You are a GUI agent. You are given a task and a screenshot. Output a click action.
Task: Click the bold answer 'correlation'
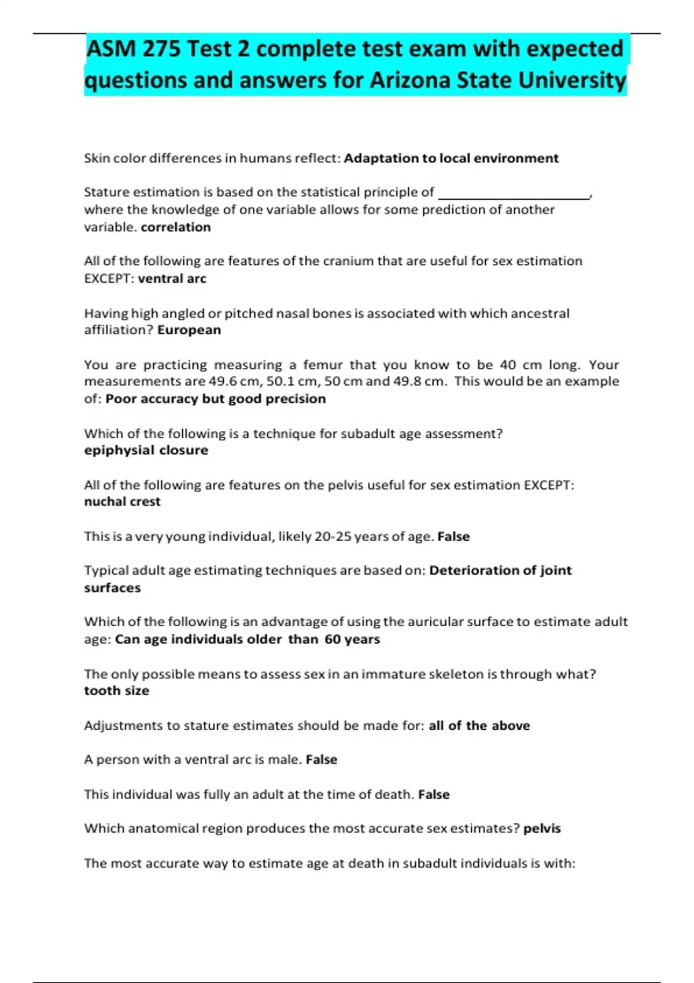pos(176,227)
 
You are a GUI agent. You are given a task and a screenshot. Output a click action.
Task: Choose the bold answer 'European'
pos(189,330)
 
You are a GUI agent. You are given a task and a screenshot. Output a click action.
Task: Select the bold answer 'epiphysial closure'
pos(146,450)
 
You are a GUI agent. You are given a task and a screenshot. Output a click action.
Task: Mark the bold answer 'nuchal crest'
pos(122,502)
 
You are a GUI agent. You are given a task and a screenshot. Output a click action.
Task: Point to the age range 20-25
pos(332,537)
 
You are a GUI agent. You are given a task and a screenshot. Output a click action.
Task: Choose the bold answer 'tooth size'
pos(116,691)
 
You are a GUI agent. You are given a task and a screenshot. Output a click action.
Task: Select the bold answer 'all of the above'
pos(479,726)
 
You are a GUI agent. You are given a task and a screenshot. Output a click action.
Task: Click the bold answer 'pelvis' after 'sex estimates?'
pos(542,829)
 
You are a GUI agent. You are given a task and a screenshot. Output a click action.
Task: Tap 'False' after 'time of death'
pos(434,794)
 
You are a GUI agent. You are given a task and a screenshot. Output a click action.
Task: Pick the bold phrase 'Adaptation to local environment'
pos(451,158)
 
